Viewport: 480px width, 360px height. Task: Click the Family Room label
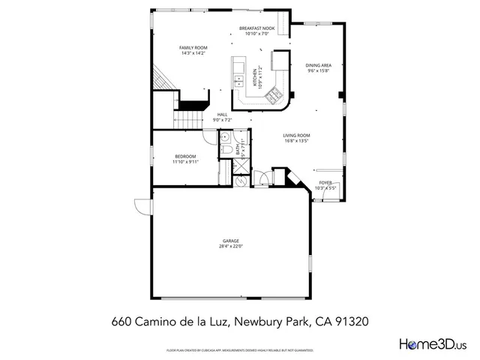192,47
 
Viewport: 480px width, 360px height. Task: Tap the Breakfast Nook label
257,28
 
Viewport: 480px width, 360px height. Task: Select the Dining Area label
319,66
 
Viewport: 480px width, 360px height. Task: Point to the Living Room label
296,136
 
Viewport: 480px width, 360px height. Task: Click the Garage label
230,241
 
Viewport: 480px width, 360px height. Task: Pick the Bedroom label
184,156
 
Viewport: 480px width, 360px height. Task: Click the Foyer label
325,182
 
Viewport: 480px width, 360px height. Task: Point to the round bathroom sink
224,136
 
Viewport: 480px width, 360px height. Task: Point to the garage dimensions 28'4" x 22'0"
230,246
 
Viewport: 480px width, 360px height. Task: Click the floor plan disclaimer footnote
239,350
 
